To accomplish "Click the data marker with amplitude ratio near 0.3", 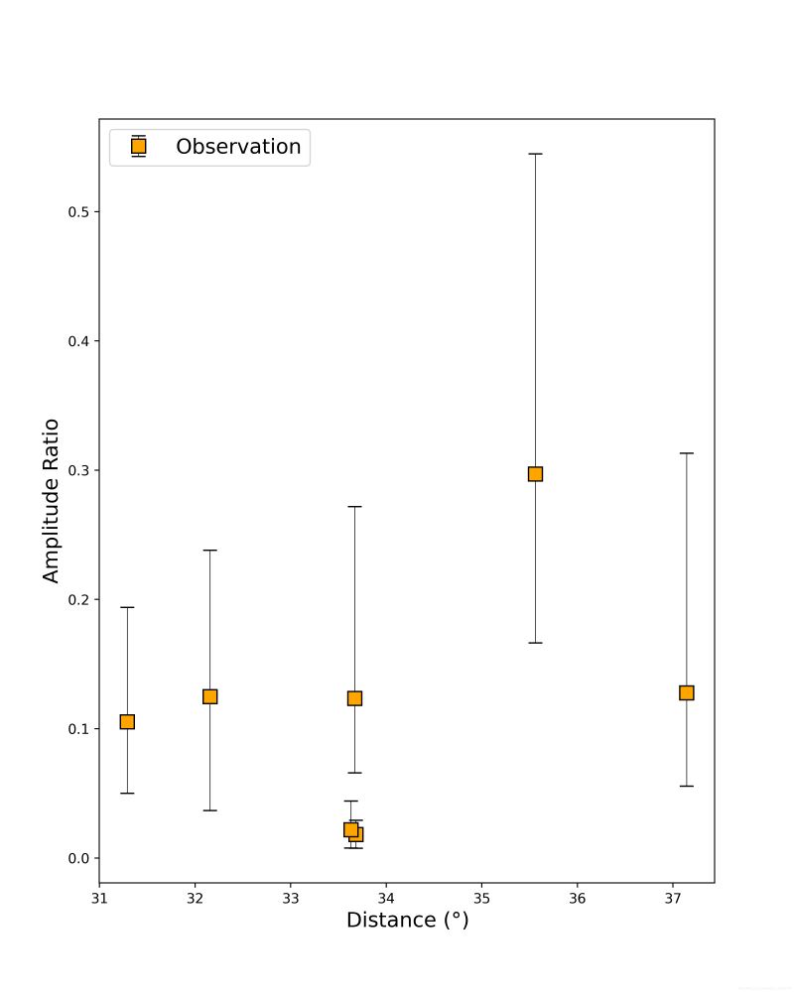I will click(x=535, y=473).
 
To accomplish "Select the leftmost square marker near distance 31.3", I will click(x=127, y=721).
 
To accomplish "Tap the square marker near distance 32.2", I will click(x=209, y=696).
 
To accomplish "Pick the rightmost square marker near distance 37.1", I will click(x=686, y=692).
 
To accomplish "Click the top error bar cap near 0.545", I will click(x=535, y=154).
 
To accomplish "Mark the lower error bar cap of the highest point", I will click(x=535, y=643).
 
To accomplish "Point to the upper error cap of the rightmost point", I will click(x=686, y=452).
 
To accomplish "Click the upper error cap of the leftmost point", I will click(x=127, y=606).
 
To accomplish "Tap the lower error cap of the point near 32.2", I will click(x=209, y=810).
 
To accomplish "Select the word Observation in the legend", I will click(x=238, y=147).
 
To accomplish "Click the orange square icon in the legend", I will click(x=138, y=146).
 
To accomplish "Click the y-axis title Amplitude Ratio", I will click(x=51, y=501).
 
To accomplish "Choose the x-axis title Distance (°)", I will click(x=407, y=921).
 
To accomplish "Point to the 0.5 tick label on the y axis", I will click(x=76, y=212).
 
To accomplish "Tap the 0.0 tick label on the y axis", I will click(x=76, y=858).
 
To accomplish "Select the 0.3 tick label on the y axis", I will click(x=76, y=470).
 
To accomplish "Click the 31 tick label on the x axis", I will click(x=99, y=898).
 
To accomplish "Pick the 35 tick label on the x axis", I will click(x=481, y=898).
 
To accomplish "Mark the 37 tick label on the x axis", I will click(x=672, y=898).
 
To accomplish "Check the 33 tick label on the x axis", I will click(x=290, y=898).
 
